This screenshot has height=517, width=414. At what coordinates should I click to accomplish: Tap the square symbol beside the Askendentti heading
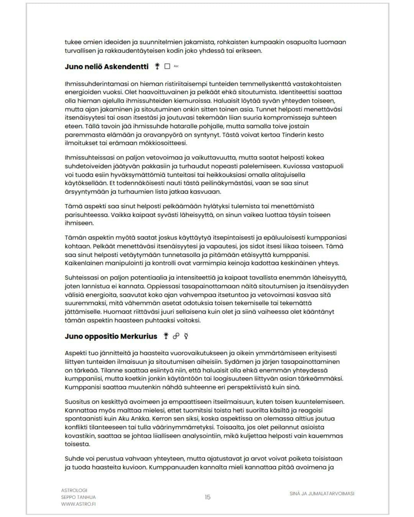tap(167, 66)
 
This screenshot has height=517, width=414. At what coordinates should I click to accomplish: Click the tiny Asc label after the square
tap(176, 66)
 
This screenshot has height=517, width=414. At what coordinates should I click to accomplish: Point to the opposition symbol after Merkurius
tap(176, 336)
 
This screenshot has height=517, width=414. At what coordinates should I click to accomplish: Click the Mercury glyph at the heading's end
tap(186, 336)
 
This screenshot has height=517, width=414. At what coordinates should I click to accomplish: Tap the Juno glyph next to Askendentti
tap(157, 66)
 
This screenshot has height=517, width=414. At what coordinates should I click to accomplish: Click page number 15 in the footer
tap(207, 497)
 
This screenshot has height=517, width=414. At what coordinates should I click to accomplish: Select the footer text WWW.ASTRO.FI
tap(78, 504)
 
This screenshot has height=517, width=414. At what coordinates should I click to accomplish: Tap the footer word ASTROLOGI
tap(74, 490)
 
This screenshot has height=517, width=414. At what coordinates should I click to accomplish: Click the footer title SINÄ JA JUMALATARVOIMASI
tap(322, 494)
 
